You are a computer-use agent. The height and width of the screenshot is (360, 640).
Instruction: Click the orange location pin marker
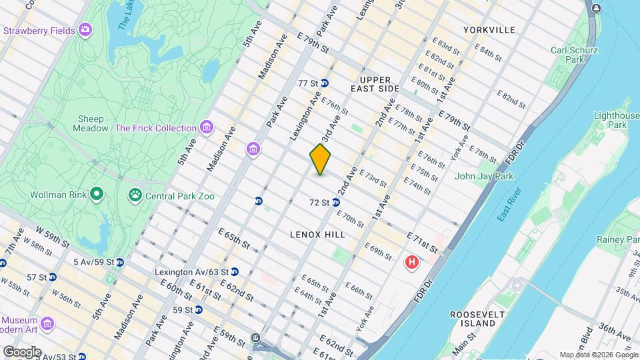320,159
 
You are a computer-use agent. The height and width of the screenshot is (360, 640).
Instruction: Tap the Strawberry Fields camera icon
85,29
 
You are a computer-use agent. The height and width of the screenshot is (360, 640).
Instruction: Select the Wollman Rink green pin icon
97,195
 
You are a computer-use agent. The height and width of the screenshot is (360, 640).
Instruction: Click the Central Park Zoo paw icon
135,195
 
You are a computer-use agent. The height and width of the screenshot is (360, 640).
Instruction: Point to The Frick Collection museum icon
207,127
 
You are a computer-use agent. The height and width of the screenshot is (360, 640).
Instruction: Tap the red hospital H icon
412,263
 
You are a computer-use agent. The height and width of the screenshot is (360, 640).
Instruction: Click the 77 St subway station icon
325,83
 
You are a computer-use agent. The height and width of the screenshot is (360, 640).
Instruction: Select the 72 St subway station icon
336,202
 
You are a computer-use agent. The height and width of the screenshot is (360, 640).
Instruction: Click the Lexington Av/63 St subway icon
234,272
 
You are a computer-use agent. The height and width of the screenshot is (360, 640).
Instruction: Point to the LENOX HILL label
317,235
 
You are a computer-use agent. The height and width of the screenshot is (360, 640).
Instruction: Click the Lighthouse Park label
612,120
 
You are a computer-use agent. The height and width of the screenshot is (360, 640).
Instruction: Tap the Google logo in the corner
21,351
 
